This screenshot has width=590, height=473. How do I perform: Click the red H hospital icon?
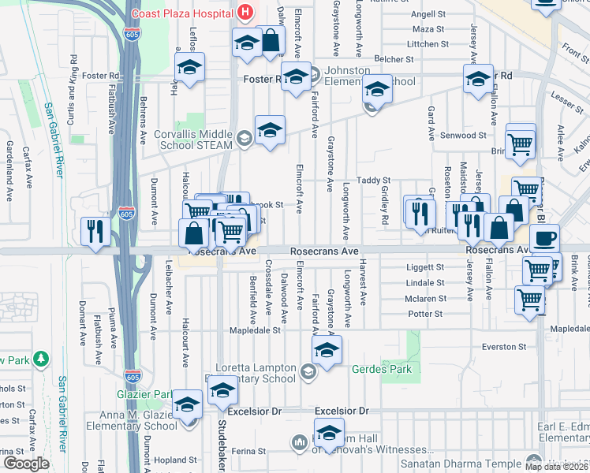246,12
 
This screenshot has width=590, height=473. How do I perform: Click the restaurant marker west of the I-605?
94,231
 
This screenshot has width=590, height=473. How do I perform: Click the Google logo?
26,464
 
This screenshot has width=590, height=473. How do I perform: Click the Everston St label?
506,347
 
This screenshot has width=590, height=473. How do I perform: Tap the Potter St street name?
425,314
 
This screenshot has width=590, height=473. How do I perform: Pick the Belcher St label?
394,58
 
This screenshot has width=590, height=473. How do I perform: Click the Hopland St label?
176,459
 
